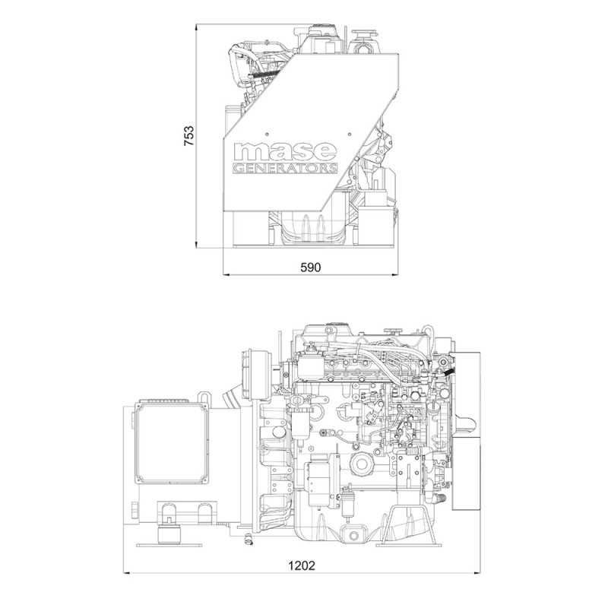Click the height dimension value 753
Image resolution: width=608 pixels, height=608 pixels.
click(188, 135)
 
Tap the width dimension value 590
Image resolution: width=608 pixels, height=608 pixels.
click(311, 268)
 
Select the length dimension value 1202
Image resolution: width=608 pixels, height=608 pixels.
click(302, 565)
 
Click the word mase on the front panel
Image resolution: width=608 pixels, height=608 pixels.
click(284, 151)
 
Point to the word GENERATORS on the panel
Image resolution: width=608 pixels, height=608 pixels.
click(284, 169)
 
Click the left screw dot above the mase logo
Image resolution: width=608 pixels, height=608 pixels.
click(267, 135)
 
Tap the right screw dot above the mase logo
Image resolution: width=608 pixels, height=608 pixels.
click(350, 135)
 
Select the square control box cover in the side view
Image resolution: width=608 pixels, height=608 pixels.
click(171, 443)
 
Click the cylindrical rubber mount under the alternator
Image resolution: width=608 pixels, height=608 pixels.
click(169, 534)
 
